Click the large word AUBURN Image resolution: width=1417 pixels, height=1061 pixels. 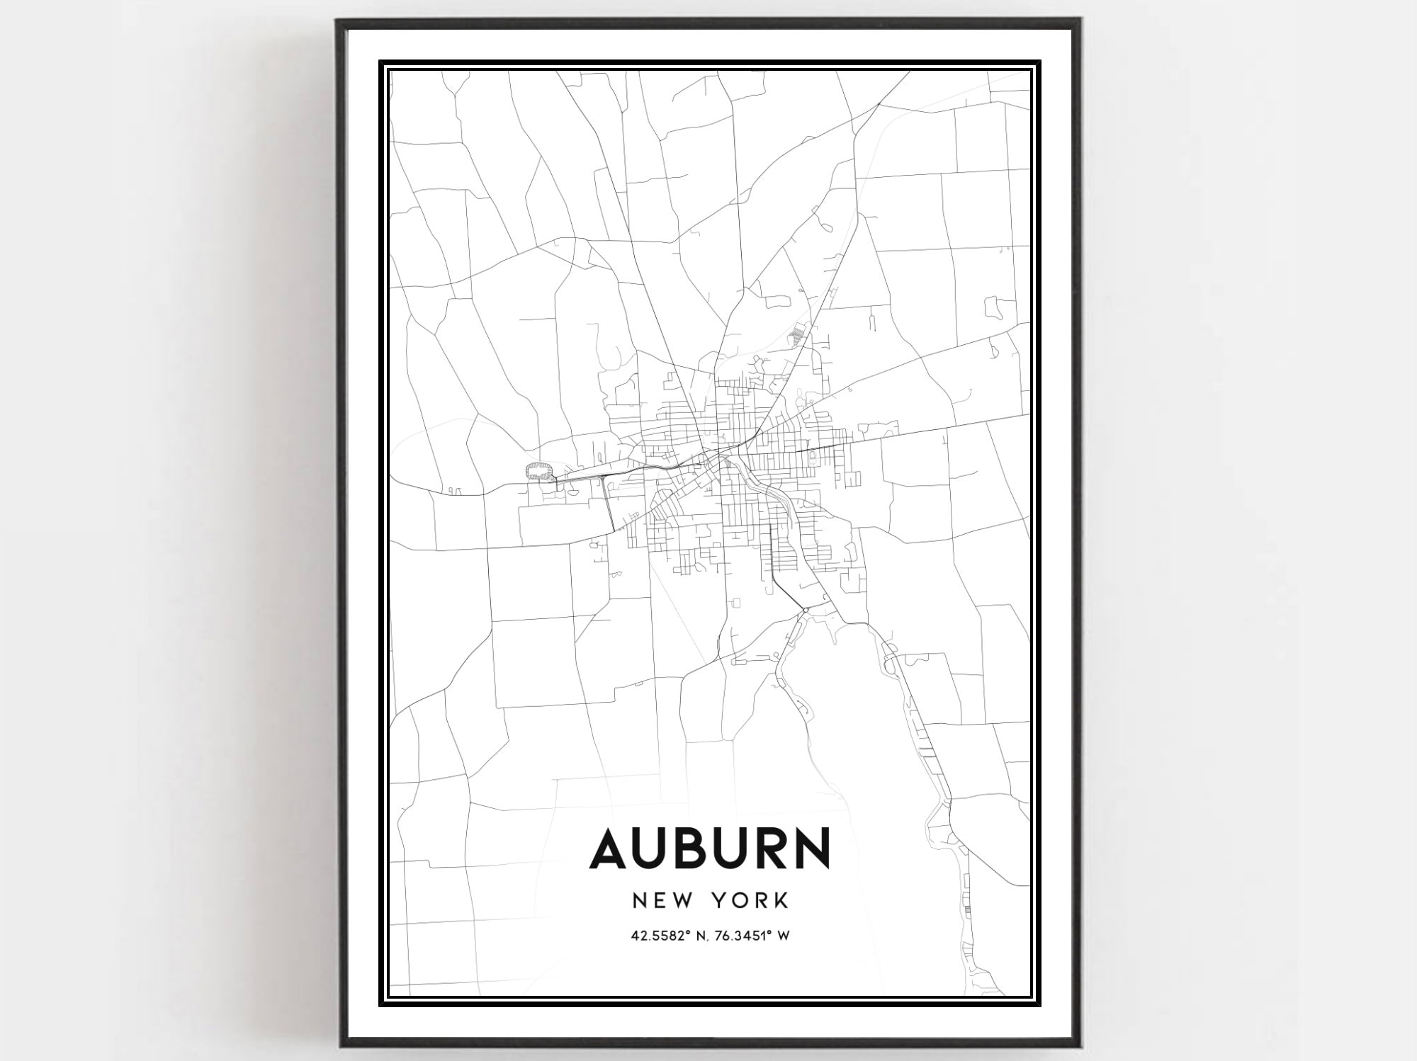(x=709, y=848)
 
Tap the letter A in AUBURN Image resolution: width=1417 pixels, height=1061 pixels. (x=611, y=848)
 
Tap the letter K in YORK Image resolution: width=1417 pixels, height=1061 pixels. (x=781, y=900)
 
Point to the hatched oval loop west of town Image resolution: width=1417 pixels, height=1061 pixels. (x=539, y=471)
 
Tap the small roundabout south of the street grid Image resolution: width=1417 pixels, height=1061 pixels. (x=806, y=610)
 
